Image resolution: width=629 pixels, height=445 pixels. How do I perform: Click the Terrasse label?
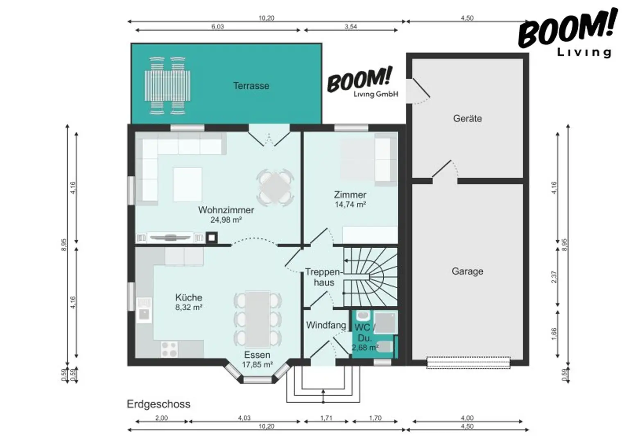click(x=251, y=86)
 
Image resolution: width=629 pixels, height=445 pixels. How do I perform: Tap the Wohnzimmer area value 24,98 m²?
click(x=226, y=220)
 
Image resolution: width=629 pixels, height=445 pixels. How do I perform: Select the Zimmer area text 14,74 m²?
click(x=350, y=205)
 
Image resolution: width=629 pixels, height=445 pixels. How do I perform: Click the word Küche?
click(x=189, y=297)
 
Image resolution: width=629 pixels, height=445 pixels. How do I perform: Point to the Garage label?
click(x=468, y=271)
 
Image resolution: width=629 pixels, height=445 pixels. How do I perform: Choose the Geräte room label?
click(x=468, y=118)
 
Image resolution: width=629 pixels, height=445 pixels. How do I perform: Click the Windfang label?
click(x=326, y=325)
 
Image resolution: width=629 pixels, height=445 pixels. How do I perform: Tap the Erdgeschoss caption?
click(x=158, y=404)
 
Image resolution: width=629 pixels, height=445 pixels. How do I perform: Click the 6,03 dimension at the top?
click(x=217, y=27)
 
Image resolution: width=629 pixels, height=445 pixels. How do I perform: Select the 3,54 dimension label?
click(x=351, y=27)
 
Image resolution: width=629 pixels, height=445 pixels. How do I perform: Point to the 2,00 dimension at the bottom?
click(x=162, y=418)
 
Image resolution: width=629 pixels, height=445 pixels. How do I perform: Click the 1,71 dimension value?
click(x=326, y=418)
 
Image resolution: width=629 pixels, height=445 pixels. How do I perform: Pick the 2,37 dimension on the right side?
click(x=554, y=277)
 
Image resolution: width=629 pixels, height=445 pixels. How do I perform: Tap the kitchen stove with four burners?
click(x=169, y=349)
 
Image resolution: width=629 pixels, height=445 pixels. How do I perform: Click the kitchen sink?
click(x=144, y=310)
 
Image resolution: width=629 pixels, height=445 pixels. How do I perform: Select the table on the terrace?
click(x=167, y=86)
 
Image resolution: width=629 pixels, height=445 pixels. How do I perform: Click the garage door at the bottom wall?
click(x=468, y=362)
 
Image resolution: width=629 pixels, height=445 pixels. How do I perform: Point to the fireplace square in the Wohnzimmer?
click(x=212, y=238)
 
